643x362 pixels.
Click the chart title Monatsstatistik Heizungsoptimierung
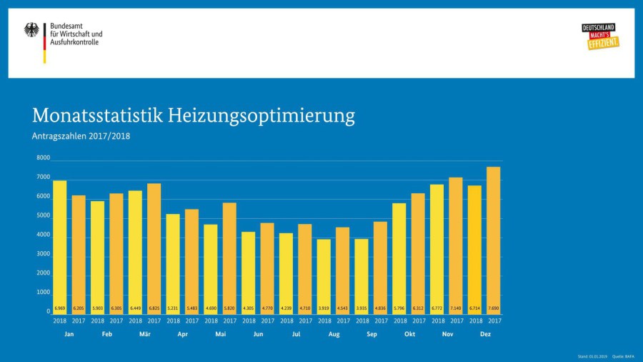[193, 115]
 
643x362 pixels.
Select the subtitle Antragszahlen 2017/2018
[81, 136]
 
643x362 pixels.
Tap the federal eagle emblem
[32, 30]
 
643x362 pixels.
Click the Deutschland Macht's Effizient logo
[599, 36]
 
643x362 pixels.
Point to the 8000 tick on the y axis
[43, 158]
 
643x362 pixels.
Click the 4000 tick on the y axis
[43, 235]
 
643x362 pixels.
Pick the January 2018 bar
[60, 247]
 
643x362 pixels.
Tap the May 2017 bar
[229, 258]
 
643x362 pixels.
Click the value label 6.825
[154, 308]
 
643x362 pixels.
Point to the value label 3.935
[362, 308]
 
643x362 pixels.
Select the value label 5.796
[399, 308]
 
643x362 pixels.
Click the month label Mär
[144, 334]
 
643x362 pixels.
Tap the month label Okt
[409, 334]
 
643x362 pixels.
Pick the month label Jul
[296, 334]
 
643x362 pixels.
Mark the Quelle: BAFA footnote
[622, 356]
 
